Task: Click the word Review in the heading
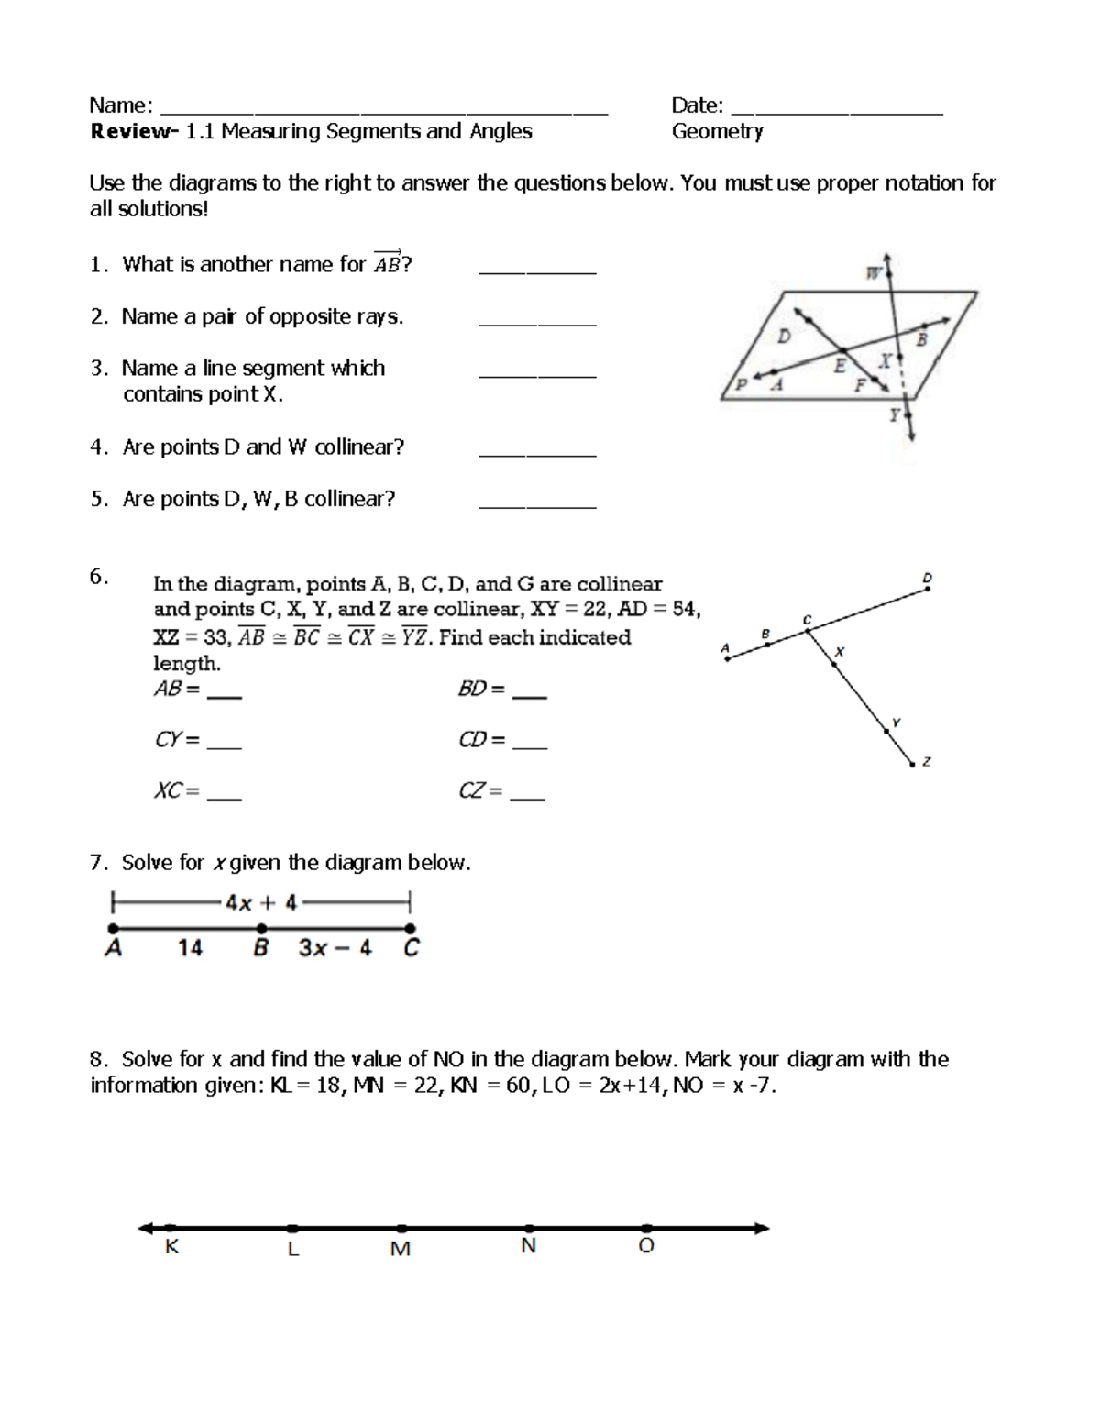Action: point(129,132)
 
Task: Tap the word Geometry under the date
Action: point(717,132)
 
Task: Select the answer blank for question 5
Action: point(537,505)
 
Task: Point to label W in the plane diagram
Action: point(874,272)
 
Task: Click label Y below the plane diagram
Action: point(894,415)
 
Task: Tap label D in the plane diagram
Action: point(784,337)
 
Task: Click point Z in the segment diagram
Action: point(912,763)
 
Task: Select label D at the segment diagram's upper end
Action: point(927,578)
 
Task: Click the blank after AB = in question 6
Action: point(225,697)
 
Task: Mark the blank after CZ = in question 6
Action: point(527,799)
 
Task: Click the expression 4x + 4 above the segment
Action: point(261,903)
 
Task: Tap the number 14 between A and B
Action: point(190,948)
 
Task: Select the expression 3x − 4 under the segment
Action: point(335,948)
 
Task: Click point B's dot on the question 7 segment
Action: point(261,928)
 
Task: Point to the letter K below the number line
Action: point(171,1247)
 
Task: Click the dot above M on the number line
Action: point(402,1228)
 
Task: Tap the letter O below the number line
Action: point(646,1246)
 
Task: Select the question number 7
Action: point(97,863)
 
